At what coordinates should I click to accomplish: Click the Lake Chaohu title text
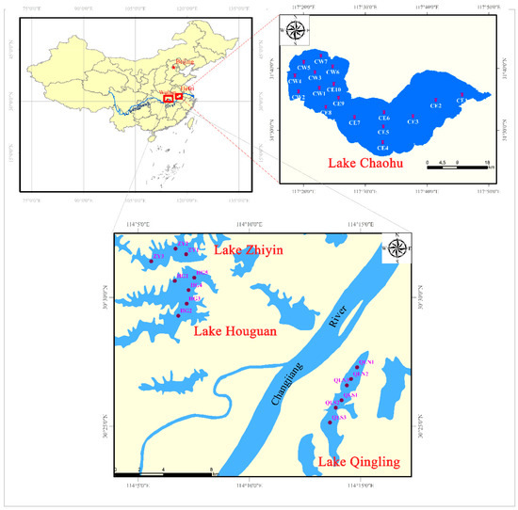coord(368,163)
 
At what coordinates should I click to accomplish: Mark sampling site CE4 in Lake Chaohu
coord(381,142)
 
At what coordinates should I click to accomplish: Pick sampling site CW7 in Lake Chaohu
coord(321,56)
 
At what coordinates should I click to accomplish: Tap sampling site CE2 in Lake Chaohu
coord(435,101)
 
